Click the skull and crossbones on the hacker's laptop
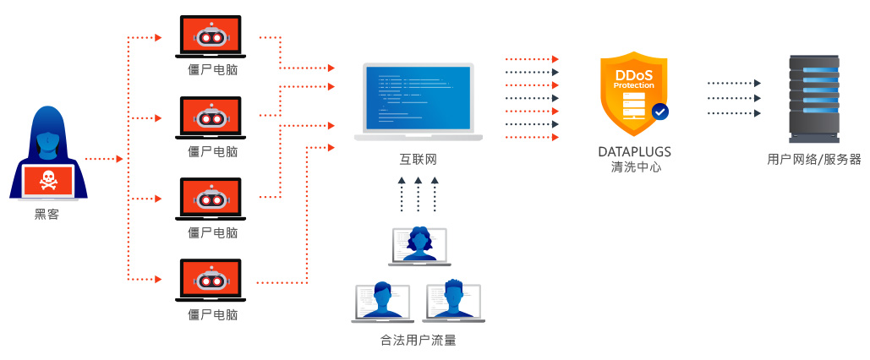click(x=47, y=179)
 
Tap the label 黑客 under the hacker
click(x=47, y=215)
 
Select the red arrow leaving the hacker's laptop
click(x=105, y=158)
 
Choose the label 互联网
click(x=418, y=159)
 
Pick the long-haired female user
click(x=419, y=244)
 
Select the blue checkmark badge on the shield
click(x=659, y=111)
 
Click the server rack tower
click(x=813, y=98)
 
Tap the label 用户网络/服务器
click(x=813, y=159)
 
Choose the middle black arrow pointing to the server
click(x=733, y=98)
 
